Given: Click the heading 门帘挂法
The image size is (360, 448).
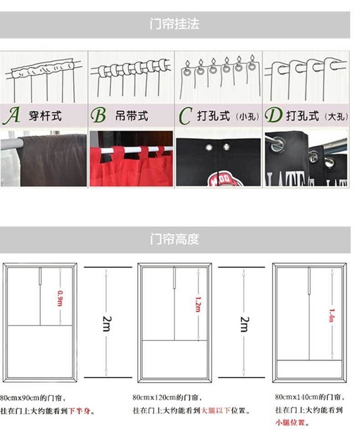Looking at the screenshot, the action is click(x=175, y=24).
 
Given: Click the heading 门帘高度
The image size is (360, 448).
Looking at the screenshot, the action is click(x=175, y=239).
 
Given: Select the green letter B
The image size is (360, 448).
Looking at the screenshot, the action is click(x=98, y=115).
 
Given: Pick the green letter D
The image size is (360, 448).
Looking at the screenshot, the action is click(x=273, y=115).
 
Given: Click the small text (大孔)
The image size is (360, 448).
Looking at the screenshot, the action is click(x=336, y=117).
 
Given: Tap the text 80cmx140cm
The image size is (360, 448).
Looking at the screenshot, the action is click(x=294, y=397).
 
